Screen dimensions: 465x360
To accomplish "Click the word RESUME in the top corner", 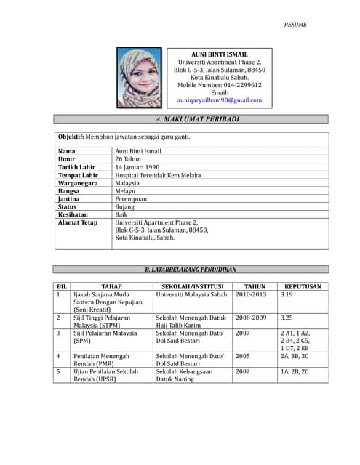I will pyautogui.click(x=295, y=24).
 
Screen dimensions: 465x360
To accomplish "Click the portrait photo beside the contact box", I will pyautogui.click(x=140, y=78).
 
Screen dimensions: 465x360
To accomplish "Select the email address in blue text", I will pyautogui.click(x=219, y=100).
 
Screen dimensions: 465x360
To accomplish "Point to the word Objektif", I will pyautogui.click(x=71, y=137).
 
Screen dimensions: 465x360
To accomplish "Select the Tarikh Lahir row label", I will pyautogui.click(x=77, y=167).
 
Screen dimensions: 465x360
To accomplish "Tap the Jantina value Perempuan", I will pyautogui.click(x=131, y=198).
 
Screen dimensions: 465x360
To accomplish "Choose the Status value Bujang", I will pyautogui.click(x=125, y=206).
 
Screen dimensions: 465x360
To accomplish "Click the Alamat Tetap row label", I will pyautogui.click(x=78, y=222).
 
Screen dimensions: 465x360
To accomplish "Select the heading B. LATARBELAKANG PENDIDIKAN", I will pyautogui.click(x=191, y=270).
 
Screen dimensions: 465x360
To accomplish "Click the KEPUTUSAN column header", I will pyautogui.click(x=303, y=287).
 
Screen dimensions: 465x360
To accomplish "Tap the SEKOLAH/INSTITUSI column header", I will pyautogui.click(x=192, y=287).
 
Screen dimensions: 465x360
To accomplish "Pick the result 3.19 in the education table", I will pyautogui.click(x=287, y=295).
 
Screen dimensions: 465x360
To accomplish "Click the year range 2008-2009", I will pyautogui.click(x=251, y=318).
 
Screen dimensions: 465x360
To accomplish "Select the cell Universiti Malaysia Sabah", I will pyautogui.click(x=191, y=295).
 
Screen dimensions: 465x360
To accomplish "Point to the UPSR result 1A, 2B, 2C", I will pyautogui.click(x=295, y=371).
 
